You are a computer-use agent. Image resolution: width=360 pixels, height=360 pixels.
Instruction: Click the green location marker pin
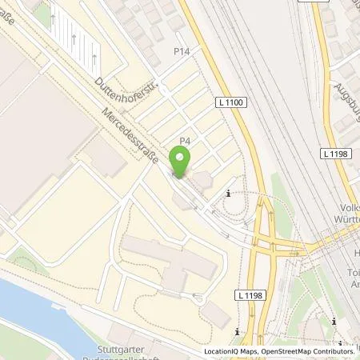coord(181,163)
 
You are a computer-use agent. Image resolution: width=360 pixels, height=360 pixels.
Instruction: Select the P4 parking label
coord(184,141)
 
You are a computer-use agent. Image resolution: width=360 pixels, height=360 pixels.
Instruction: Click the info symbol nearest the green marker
coord(229,192)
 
